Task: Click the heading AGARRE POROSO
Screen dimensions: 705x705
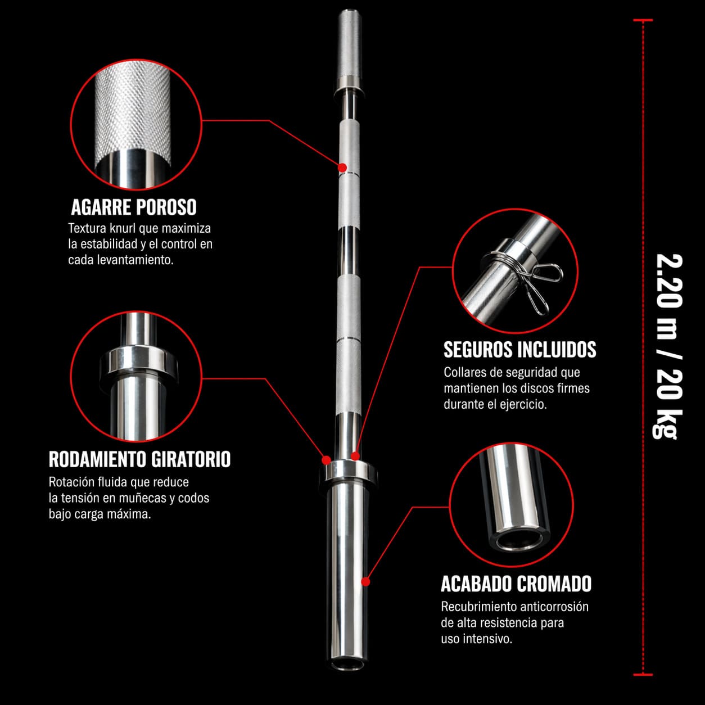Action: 134,207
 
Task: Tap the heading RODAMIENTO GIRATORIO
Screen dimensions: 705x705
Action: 140,459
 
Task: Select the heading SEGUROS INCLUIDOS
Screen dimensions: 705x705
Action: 520,349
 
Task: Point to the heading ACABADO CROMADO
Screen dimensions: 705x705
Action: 516,584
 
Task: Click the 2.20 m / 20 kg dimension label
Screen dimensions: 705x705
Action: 668,346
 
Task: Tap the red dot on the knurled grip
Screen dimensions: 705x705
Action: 342,168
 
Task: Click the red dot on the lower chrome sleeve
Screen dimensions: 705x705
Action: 365,581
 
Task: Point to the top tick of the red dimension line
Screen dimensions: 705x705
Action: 643,20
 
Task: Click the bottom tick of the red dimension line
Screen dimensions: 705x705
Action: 643,674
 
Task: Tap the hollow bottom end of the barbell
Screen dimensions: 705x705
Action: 348,663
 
